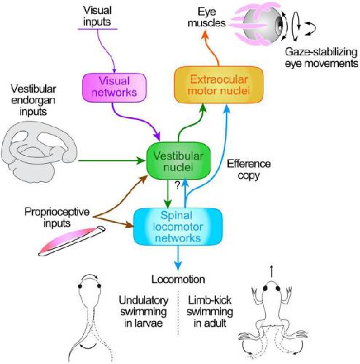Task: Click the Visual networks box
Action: pyautogui.click(x=114, y=87)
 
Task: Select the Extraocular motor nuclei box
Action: pyautogui.click(x=219, y=84)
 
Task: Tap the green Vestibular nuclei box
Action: pyautogui.click(x=179, y=161)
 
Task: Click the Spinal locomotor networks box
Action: pyautogui.click(x=178, y=226)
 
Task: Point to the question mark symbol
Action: pyautogui.click(x=178, y=186)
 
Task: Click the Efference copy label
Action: pyautogui.click(x=249, y=170)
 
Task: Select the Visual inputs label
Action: pyautogui.click(x=97, y=16)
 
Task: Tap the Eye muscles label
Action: pyautogui.click(x=207, y=17)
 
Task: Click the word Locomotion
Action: pyautogui.click(x=179, y=280)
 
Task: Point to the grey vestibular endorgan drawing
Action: pyautogui.click(x=39, y=151)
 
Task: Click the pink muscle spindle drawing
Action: pyautogui.click(x=72, y=241)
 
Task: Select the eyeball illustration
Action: pyautogui.click(x=264, y=24)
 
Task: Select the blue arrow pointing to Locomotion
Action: pyautogui.click(x=179, y=257)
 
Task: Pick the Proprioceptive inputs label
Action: pyautogui.click(x=57, y=218)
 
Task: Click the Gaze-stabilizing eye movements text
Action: pyautogui.click(x=321, y=58)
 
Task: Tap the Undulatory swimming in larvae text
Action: pyautogui.click(x=144, y=312)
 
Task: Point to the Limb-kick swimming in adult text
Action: pyautogui.click(x=210, y=312)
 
